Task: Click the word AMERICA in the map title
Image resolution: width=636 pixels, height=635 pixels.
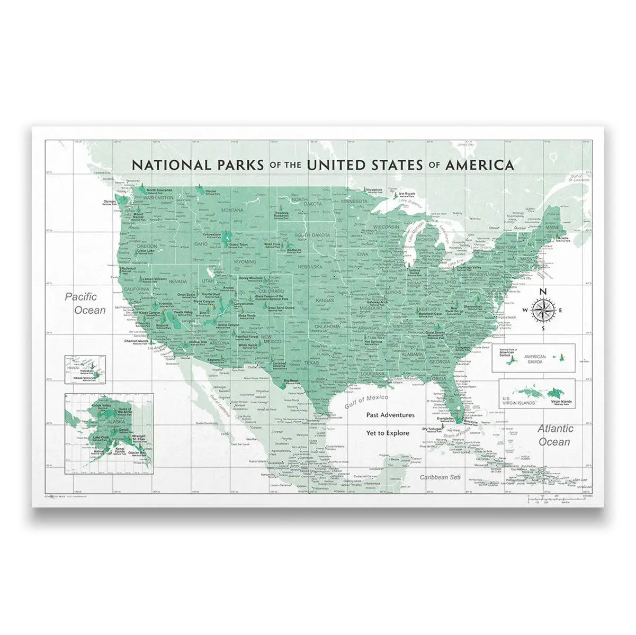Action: pyautogui.click(x=479, y=165)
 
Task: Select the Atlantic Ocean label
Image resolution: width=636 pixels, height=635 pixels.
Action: pyautogui.click(x=555, y=435)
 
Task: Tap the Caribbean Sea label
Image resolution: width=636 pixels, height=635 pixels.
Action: pyautogui.click(x=440, y=477)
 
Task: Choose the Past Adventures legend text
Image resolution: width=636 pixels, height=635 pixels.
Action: pyautogui.click(x=390, y=415)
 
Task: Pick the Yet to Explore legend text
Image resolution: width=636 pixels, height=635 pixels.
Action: pyautogui.click(x=388, y=433)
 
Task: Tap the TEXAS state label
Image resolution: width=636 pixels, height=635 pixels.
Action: pyautogui.click(x=311, y=363)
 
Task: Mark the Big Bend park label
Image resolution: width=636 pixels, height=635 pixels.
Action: pyautogui.click(x=290, y=380)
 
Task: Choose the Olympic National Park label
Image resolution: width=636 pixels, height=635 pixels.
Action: pyautogui.click(x=110, y=202)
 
